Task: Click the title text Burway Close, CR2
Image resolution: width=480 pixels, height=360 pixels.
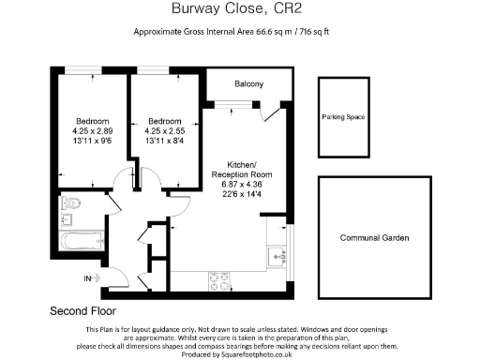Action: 239,11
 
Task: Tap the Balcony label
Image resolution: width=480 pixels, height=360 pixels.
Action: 249,85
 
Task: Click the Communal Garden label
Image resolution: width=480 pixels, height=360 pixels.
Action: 375,238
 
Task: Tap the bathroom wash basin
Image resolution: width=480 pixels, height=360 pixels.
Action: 65,221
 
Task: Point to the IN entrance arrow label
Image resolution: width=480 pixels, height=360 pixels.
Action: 88,278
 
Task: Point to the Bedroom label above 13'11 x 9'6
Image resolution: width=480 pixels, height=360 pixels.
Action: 93,121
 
